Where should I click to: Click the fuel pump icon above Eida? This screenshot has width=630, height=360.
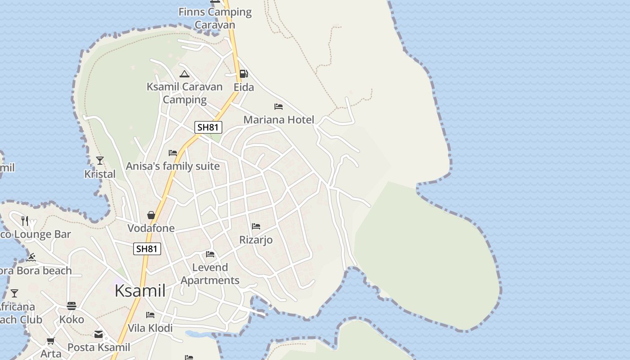pyautogui.click(x=243, y=73)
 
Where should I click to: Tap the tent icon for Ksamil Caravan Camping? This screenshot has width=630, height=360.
pyautogui.click(x=184, y=74)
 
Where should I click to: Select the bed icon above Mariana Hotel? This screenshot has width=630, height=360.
pyautogui.click(x=279, y=107)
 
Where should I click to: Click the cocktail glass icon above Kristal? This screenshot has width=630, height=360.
pyautogui.click(x=100, y=160)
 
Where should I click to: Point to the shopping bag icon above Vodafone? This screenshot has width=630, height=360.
pyautogui.click(x=151, y=215)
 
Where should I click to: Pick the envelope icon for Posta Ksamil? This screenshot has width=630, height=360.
pyautogui.click(x=99, y=334)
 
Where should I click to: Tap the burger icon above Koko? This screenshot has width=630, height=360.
pyautogui.click(x=72, y=306)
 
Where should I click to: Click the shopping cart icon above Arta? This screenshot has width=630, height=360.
pyautogui.click(x=51, y=341)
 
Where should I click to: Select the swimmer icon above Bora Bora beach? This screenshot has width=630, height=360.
pyautogui.click(x=31, y=257)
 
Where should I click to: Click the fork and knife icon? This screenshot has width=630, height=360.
pyautogui.click(x=25, y=220)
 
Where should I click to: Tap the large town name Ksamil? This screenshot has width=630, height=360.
pyautogui.click(x=140, y=291)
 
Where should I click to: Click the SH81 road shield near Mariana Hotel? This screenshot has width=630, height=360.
pyautogui.click(x=208, y=127)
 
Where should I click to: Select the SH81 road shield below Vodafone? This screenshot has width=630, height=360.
pyautogui.click(x=147, y=249)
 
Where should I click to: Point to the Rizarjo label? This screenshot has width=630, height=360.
pyautogui.click(x=256, y=240)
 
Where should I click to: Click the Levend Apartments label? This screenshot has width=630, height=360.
pyautogui.click(x=210, y=274)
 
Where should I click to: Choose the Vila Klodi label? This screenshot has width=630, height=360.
pyautogui.click(x=150, y=328)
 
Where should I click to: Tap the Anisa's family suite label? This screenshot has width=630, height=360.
pyautogui.click(x=173, y=166)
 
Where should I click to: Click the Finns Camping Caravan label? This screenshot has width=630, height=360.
pyautogui.click(x=215, y=18)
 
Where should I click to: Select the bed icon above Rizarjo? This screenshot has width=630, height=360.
pyautogui.click(x=256, y=226)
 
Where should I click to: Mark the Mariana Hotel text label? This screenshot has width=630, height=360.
pyautogui.click(x=279, y=120)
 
